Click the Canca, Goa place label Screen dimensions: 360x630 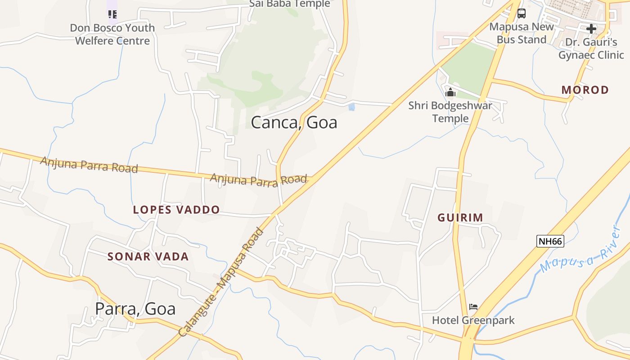pyautogui.click(x=294, y=122)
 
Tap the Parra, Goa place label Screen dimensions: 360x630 pyautogui.click(x=135, y=309)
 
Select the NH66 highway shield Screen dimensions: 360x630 pyautogui.click(x=550, y=241)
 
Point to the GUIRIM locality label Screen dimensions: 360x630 pyautogui.click(x=460, y=218)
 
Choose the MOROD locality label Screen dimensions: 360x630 pyautogui.click(x=585, y=90)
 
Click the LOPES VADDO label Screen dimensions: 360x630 pyautogui.click(x=176, y=210)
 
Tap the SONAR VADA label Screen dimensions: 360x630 pyautogui.click(x=148, y=257)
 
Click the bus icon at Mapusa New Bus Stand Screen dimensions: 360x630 pyautogui.click(x=521, y=13)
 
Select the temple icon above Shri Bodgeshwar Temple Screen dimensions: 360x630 pyautogui.click(x=450, y=93)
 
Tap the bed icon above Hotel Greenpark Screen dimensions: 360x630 pyautogui.click(x=473, y=307)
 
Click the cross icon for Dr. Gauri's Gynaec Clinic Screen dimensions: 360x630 pyautogui.click(x=591, y=29)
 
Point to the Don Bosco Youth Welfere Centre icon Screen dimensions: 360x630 pyautogui.click(x=112, y=15)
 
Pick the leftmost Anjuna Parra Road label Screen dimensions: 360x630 pyautogui.click(x=89, y=165)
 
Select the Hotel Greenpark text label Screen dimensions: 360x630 pyautogui.click(x=473, y=320)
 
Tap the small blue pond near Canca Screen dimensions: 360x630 pyautogui.click(x=351, y=107)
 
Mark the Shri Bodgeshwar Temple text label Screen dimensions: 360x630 pyautogui.click(x=450, y=112)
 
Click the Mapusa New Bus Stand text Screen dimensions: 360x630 pyautogui.click(x=522, y=33)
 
